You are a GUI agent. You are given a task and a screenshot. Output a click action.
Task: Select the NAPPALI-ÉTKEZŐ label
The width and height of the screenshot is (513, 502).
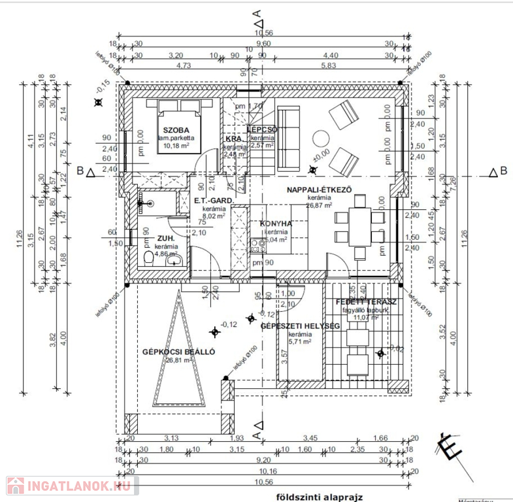click(x=320, y=190)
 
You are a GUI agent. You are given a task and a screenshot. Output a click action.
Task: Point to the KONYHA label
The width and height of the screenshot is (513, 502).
click(x=275, y=224)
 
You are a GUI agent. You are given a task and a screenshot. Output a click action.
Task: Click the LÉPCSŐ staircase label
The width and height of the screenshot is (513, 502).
click(x=263, y=130)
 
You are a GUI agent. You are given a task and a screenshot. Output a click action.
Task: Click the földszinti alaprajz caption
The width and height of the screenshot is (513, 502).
click(x=312, y=495)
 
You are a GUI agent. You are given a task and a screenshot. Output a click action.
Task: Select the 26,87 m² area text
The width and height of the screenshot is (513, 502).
click(x=320, y=205)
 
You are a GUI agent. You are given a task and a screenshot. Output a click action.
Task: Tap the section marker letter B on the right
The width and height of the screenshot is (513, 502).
click(x=503, y=171)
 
